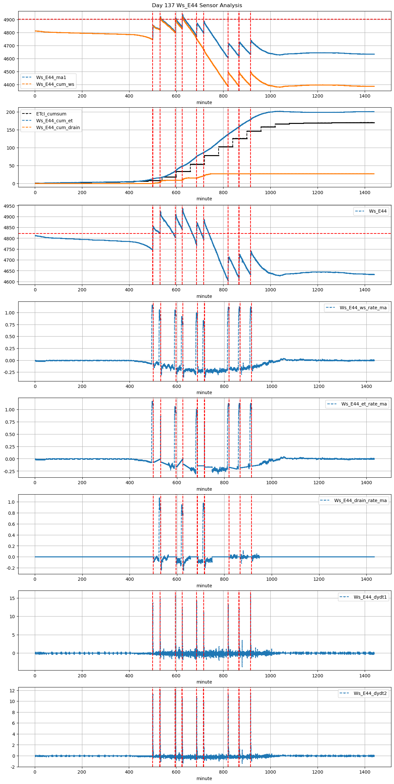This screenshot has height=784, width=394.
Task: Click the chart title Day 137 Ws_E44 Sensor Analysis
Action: (x=197, y=5)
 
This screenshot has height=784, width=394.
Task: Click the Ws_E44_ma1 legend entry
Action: (x=51, y=77)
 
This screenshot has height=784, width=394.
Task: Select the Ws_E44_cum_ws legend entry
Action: (x=55, y=84)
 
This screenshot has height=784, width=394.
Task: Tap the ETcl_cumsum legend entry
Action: (x=51, y=114)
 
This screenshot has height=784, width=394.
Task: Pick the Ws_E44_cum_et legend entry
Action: (x=54, y=121)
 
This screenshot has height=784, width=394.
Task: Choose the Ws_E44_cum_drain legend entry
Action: (x=58, y=127)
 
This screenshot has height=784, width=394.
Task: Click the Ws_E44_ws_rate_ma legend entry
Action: (x=363, y=308)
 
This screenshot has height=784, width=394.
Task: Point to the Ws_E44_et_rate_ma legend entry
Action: (x=364, y=404)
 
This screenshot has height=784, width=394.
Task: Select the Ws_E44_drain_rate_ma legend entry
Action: (x=360, y=500)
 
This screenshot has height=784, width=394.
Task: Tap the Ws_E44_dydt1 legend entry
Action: (x=370, y=597)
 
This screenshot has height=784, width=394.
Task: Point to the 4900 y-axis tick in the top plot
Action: (x=9, y=20)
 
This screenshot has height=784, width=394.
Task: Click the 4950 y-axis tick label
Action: (x=9, y=206)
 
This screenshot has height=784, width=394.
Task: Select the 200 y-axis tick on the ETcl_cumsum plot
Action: (x=11, y=112)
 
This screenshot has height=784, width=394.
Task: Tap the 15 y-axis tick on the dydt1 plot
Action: (x=12, y=598)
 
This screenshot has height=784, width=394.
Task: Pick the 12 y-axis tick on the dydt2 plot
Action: (x=12, y=690)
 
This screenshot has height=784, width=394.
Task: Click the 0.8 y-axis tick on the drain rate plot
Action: (x=11, y=513)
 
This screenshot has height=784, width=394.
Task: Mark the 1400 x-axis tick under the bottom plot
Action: (x=365, y=772)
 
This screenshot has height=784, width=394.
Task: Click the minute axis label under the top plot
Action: (x=204, y=102)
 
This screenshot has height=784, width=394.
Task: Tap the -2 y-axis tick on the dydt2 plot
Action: (x=12, y=767)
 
